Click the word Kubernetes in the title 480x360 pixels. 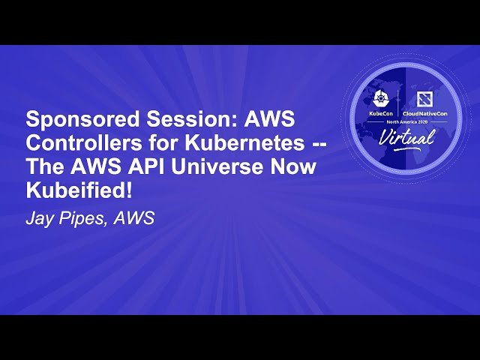point(239,144)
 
